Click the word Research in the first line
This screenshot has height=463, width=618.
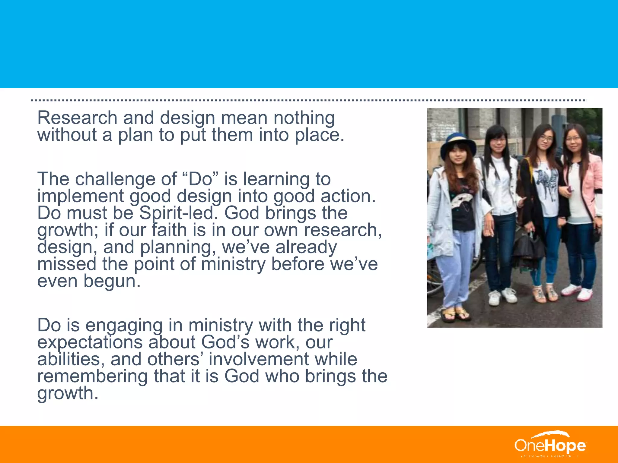tap(77, 118)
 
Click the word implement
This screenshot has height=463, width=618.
tap(80, 197)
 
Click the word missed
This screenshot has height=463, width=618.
tap(67, 264)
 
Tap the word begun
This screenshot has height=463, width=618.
tap(112, 282)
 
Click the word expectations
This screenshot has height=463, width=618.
tap(90, 343)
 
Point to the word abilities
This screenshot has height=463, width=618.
tap(71, 359)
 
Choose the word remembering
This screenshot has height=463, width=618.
tap(92, 376)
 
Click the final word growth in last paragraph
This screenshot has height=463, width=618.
tap(68, 394)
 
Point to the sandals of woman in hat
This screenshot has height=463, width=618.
tap(456, 313)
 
